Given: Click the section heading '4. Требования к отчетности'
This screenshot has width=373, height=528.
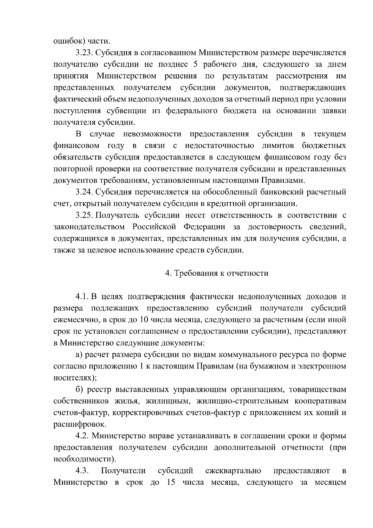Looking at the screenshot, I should coord(217,273).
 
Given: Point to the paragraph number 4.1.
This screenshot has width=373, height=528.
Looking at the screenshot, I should coord(82,297).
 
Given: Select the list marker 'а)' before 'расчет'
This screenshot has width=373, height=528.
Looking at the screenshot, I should coord(79,355).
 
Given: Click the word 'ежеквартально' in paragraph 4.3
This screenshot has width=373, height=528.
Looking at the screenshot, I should coord(233,471).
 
